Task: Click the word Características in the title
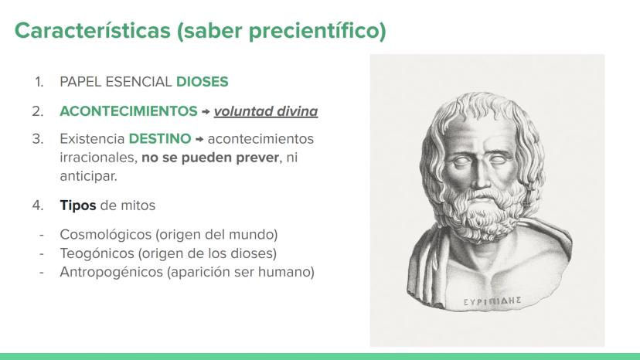93,30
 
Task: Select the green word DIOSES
202,82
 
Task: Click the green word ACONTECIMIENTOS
128,111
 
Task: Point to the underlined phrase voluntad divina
266,111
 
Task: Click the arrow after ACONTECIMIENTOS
206,111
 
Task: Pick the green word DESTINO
160,139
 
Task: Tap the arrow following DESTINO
199,139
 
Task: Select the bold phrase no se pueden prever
210,158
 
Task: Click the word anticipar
88,176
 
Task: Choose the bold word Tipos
78,205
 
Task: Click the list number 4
38,205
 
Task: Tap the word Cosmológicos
106,235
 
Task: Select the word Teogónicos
97,253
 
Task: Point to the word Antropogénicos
111,272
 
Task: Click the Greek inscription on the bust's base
492,301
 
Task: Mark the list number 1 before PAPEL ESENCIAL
39,82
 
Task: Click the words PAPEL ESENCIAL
116,82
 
